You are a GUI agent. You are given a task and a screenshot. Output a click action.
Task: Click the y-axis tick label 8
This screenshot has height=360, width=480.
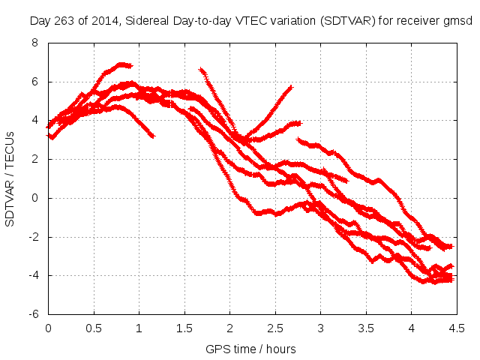[x=34, y=43]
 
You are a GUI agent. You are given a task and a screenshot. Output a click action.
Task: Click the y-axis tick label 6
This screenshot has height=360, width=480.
[x=34, y=82]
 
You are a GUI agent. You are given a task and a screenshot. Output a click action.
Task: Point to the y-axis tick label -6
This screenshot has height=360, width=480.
[x=33, y=314]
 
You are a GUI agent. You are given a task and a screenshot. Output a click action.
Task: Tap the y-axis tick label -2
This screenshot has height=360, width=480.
[x=33, y=237]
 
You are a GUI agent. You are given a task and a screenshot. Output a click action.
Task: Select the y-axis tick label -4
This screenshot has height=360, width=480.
[x=33, y=276]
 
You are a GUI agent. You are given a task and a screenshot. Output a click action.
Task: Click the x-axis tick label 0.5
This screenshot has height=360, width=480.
[x=94, y=328]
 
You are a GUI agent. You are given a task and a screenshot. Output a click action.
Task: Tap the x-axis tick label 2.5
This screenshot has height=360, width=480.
[x=275, y=328]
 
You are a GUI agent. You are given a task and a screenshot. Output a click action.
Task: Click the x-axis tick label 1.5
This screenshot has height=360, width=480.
[x=184, y=328]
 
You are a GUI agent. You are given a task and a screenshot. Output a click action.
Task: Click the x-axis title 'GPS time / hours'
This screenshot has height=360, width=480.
[x=250, y=349]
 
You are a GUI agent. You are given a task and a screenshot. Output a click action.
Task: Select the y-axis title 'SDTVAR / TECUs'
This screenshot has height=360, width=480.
[x=10, y=178]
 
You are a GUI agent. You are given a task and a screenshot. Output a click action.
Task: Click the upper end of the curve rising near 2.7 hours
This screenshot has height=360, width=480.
[x=290, y=87]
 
